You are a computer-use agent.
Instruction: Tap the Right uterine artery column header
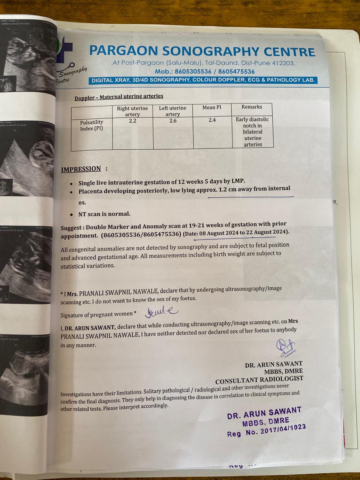(x=132, y=111)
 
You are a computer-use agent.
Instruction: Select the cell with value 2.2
(x=132, y=121)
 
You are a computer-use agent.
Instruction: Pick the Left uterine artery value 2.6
(x=172, y=121)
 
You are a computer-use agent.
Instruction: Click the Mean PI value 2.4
(x=212, y=120)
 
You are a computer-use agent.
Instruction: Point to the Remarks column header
(x=252, y=107)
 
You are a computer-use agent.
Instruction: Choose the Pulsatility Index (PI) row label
(x=91, y=125)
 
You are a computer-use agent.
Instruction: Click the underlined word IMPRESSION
(x=81, y=169)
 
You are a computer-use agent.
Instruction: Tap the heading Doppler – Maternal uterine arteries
(x=119, y=96)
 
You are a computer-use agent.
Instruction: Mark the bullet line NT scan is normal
(x=104, y=214)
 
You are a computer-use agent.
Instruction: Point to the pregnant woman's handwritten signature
(x=162, y=311)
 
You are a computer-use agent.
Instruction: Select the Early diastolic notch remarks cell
(x=252, y=132)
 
